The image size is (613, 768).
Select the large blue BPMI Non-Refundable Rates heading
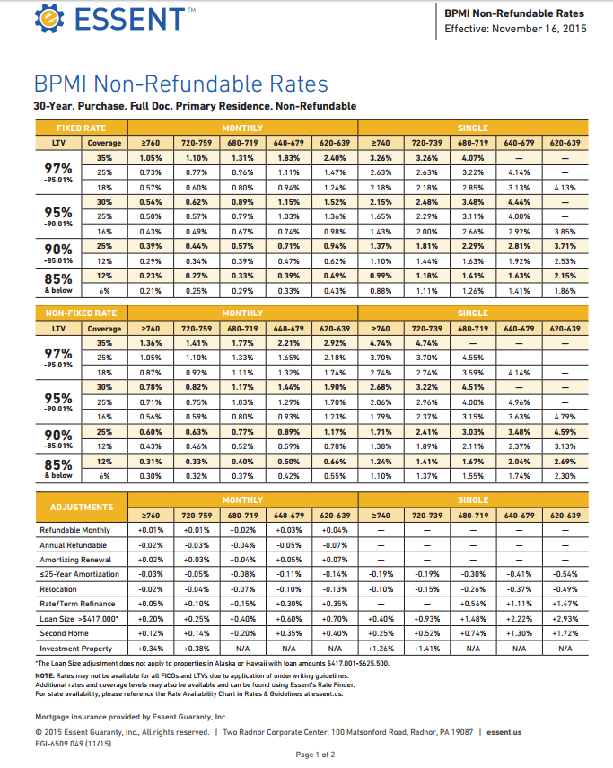(180, 85)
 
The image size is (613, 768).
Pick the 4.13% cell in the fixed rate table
(565, 187)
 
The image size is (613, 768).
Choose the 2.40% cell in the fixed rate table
(334, 157)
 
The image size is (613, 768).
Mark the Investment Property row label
(76, 648)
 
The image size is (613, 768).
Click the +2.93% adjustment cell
(565, 619)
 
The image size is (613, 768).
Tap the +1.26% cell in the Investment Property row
(381, 648)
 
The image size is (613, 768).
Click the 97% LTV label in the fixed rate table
(58, 168)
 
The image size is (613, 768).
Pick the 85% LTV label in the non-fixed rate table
(58, 464)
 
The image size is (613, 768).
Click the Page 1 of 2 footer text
(315, 755)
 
